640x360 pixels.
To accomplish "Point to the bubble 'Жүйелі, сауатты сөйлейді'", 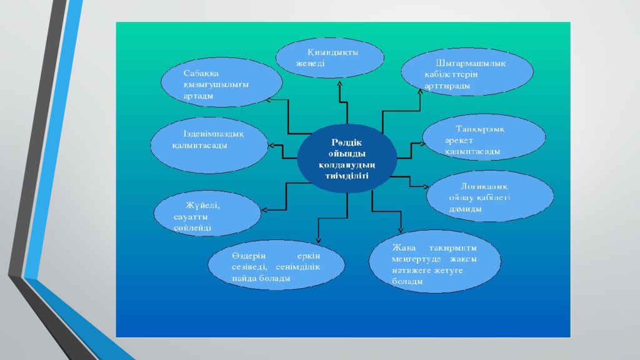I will (207, 216).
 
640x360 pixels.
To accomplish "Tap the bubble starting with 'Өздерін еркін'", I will (276, 267).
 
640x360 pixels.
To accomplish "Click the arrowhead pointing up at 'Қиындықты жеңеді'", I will (339, 82).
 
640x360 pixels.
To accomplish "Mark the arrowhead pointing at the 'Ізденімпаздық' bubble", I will (271, 146).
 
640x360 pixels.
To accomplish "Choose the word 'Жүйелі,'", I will (202, 205).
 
